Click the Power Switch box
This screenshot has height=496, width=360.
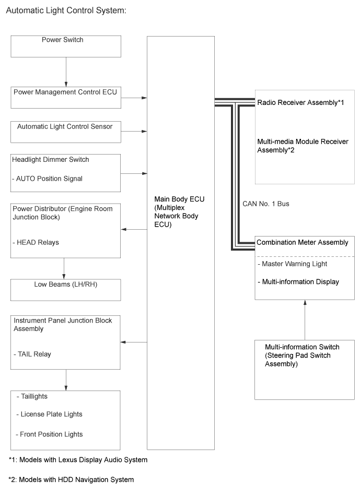(x=66, y=46)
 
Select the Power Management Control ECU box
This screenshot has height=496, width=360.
(x=66, y=97)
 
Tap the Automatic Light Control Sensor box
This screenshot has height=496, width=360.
(x=66, y=131)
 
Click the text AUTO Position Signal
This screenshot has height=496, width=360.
(x=48, y=179)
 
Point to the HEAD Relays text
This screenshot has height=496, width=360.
(x=36, y=243)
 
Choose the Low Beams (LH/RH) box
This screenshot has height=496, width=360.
(x=66, y=289)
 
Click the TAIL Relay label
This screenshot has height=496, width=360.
(x=32, y=354)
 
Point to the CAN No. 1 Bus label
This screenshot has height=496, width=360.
(x=266, y=204)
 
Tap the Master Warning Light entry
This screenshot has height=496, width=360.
(x=293, y=264)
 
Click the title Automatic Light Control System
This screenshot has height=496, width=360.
(x=65, y=10)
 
